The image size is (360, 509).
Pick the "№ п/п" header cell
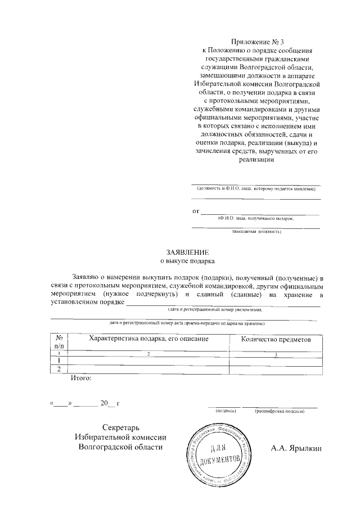click(x=59, y=342)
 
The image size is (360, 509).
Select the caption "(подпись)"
click(x=226, y=411)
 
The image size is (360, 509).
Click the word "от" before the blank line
click(x=196, y=211)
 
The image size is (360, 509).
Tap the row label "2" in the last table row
click(x=59, y=369)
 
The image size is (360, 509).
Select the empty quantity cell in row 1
click(x=276, y=361)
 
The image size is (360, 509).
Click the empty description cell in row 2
click(x=148, y=369)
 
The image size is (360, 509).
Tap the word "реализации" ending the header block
click(x=256, y=159)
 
